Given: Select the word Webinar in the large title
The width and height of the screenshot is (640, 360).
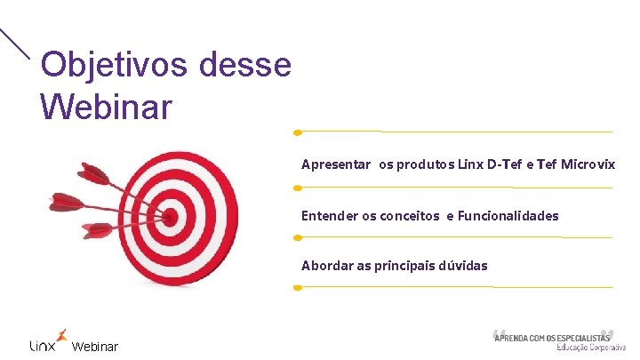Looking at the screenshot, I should click(107, 108).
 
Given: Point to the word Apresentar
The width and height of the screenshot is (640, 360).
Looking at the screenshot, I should click(336, 164).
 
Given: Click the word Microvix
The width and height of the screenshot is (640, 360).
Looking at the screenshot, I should click(587, 164).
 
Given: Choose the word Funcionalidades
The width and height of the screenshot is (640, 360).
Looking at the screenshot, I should click(508, 215).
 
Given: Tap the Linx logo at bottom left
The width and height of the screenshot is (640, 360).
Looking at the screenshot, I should click(47, 341).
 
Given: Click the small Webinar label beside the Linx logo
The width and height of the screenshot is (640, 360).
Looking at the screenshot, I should click(94, 346).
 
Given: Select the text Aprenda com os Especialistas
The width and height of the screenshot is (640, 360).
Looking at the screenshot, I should click(551, 337).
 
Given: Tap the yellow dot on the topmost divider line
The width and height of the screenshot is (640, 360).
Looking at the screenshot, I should click(298, 132).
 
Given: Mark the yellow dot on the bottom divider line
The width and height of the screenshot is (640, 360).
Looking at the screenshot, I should click(298, 287).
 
